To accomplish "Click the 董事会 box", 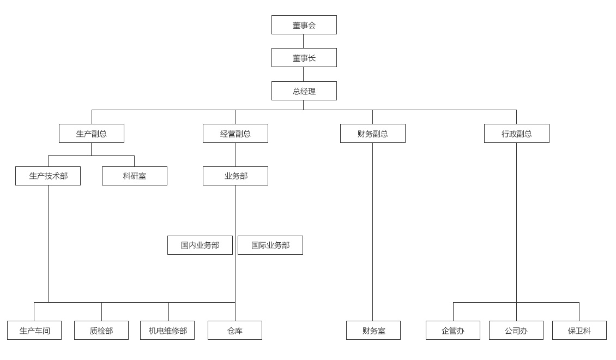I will [304, 25].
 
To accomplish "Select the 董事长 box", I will [304, 58].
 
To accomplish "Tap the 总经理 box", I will [304, 91].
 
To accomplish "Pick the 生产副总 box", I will [92, 134].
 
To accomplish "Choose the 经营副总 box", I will [235, 134].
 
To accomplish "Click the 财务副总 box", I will [372, 134].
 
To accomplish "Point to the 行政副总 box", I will [516, 134].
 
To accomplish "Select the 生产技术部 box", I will [48, 176].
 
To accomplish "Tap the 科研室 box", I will [134, 176].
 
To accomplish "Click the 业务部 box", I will [235, 176].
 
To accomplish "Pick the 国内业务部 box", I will [200, 245].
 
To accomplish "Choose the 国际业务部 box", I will [270, 245].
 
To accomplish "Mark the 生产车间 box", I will [34, 331].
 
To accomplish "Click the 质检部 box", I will [101, 331].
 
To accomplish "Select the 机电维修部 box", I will [167, 331].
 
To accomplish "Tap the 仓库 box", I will [234, 331].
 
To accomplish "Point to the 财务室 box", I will [373, 331].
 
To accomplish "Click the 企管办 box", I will [452, 331].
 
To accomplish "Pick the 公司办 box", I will [516, 331].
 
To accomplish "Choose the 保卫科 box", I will [579, 331].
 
